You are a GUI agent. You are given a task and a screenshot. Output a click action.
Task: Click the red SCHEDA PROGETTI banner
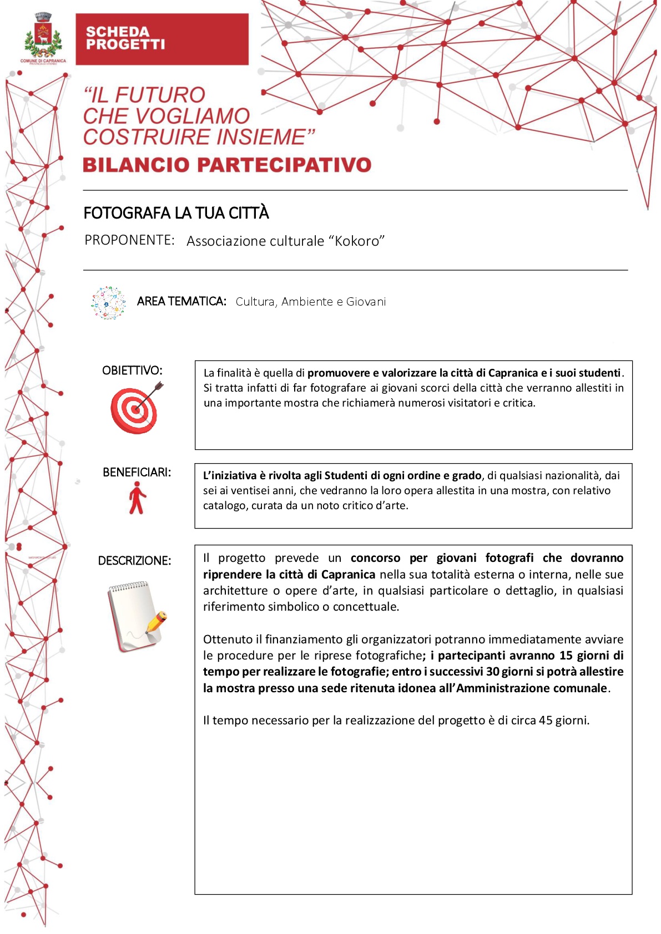pos(162,39)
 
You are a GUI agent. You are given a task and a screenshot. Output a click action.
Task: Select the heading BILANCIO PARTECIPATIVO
pos(227,165)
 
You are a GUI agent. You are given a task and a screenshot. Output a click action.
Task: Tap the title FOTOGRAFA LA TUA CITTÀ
pos(176,213)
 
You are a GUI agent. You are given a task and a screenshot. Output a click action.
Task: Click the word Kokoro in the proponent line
pos(358,241)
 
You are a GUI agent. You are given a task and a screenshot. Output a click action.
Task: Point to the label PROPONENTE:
pos(129,240)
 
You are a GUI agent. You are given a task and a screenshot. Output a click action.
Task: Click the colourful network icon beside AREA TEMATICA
pos(109,303)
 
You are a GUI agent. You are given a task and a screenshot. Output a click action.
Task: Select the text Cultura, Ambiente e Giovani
pos(310,302)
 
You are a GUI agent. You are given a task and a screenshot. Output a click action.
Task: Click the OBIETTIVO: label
pos(132,370)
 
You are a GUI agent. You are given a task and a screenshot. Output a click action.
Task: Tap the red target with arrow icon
pos(136,409)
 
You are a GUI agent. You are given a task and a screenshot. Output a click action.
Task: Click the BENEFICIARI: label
pos(137,473)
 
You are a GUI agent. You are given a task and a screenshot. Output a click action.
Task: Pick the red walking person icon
pos(137,498)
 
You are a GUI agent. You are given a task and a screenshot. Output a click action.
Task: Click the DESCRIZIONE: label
pos(134,561)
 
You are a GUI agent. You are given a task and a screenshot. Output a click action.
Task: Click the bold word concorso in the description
pos(375,558)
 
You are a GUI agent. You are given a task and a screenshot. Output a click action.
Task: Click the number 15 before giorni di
pos(566,656)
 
